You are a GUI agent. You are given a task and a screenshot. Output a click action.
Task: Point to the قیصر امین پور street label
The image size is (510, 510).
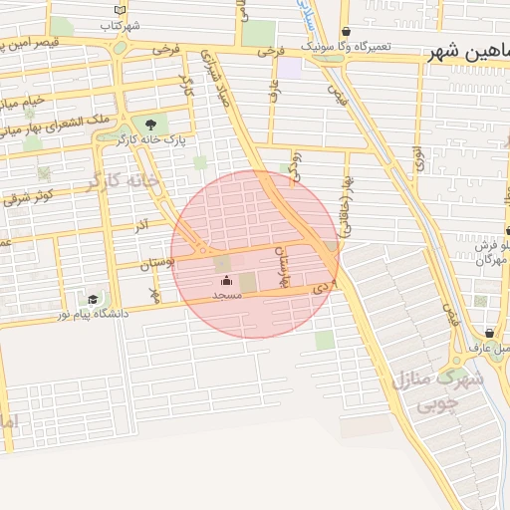coord(47,44)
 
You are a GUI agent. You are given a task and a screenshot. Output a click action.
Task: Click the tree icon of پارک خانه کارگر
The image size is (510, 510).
coord(150,125)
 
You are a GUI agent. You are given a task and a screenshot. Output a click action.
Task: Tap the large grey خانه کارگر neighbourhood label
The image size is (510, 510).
coord(122,180)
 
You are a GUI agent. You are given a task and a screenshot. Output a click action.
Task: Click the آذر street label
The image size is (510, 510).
coord(142,227)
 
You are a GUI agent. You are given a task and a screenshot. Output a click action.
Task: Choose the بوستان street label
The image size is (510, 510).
coord(157,263)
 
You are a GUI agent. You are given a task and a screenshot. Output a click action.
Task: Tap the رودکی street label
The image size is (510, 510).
coord(293,166)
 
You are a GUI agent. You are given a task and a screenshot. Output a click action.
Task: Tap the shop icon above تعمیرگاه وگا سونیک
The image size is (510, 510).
coord(346,32)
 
